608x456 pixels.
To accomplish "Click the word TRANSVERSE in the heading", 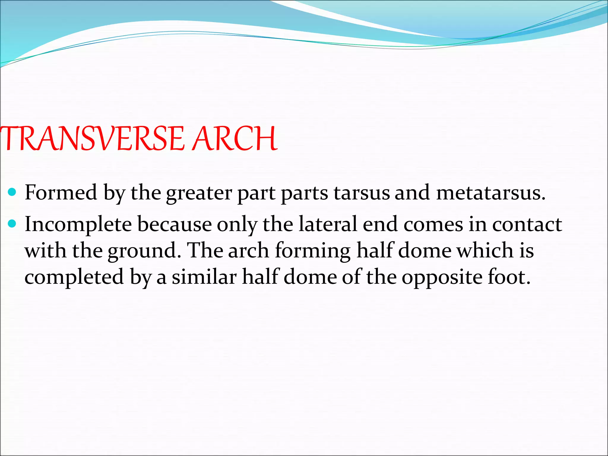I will [92, 138].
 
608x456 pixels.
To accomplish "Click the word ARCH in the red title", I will [235, 138].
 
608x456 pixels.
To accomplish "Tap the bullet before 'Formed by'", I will [12, 193].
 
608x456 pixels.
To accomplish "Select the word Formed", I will [61, 193].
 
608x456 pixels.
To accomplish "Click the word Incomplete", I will [78, 224].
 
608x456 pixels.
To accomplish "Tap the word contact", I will [527, 224].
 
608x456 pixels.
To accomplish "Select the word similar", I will [204, 277].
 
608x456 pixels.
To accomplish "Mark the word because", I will [174, 224].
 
